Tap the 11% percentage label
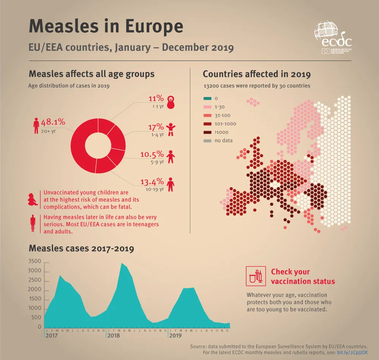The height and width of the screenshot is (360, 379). tap(156, 99)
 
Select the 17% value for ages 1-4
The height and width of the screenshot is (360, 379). tap(156, 127)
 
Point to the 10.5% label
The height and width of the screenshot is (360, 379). tap(152, 154)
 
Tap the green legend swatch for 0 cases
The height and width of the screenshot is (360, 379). tap(208, 98)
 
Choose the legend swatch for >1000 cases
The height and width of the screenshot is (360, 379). tap(208, 132)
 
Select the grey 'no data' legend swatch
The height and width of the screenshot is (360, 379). tap(208, 141)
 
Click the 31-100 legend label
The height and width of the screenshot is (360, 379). tap(222, 115)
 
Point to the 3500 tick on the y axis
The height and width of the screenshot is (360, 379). tap(34, 261)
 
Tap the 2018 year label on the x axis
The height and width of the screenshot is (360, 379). tap(113, 336)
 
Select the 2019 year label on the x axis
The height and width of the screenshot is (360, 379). tap(175, 336)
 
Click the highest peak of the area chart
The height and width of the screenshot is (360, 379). tap(122, 263)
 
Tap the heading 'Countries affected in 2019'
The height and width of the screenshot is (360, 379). tap(257, 74)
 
